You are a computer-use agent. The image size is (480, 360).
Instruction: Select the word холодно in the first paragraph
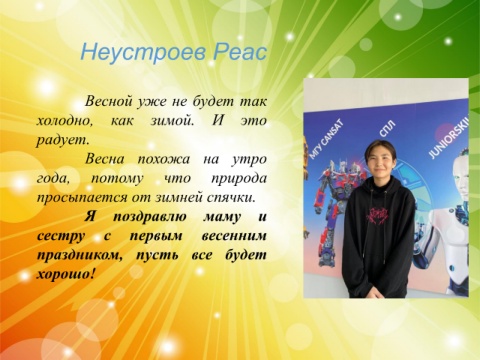[x=64, y=120]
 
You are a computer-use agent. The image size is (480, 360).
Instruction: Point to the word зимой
[x=172, y=120]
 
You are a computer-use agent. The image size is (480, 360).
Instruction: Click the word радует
[x=63, y=140]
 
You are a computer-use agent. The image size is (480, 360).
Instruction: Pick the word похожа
[x=163, y=159]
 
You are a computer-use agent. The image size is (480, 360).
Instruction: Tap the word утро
[x=249, y=159]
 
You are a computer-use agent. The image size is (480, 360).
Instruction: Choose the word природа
[x=239, y=179]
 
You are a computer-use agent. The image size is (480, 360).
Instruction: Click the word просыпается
[x=82, y=198]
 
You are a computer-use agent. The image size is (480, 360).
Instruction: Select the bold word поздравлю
[x=150, y=217]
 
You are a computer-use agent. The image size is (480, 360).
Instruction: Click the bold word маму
[x=222, y=217]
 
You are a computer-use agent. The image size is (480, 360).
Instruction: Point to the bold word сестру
[x=61, y=237]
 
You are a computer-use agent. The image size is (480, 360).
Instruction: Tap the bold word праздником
[x=79, y=256]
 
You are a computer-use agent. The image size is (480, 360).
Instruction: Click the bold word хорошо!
[x=64, y=275]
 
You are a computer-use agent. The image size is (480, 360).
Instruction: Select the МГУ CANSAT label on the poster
[x=326, y=142]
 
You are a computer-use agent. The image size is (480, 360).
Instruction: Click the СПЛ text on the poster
[x=387, y=129]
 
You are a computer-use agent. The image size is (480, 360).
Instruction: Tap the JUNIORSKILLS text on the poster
[x=448, y=138]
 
